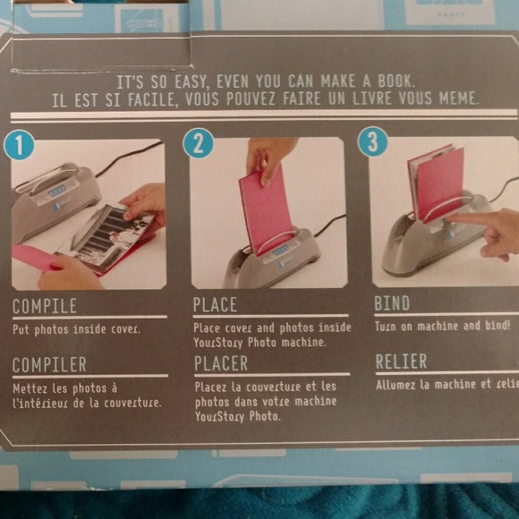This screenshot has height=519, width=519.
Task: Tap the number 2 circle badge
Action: point(199,142)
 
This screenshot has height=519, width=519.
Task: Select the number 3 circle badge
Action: point(372,141)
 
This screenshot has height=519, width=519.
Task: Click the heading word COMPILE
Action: point(45,307)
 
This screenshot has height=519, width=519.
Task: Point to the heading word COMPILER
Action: point(49,364)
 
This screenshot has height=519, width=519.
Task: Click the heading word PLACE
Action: point(215,305)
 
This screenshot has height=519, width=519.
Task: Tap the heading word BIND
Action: point(391,302)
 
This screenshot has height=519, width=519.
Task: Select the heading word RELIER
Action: point(402,361)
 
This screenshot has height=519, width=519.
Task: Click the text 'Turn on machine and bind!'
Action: point(442,327)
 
